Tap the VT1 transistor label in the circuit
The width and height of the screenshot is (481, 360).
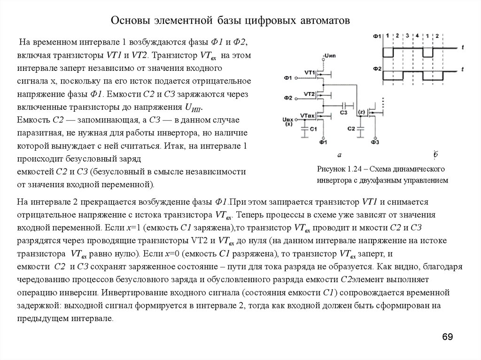click(309, 72)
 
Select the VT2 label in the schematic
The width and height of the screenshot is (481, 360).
click(309, 94)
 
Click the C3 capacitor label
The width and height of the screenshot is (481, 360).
click(343, 113)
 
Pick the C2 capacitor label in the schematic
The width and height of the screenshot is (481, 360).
click(351, 128)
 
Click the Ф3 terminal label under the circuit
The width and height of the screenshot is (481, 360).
click(374, 142)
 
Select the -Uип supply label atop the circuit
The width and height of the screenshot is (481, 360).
click(328, 57)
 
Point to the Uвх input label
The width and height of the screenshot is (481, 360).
click(288, 120)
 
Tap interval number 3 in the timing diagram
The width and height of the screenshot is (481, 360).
click(407, 36)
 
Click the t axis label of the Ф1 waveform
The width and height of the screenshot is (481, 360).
click(463, 47)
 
